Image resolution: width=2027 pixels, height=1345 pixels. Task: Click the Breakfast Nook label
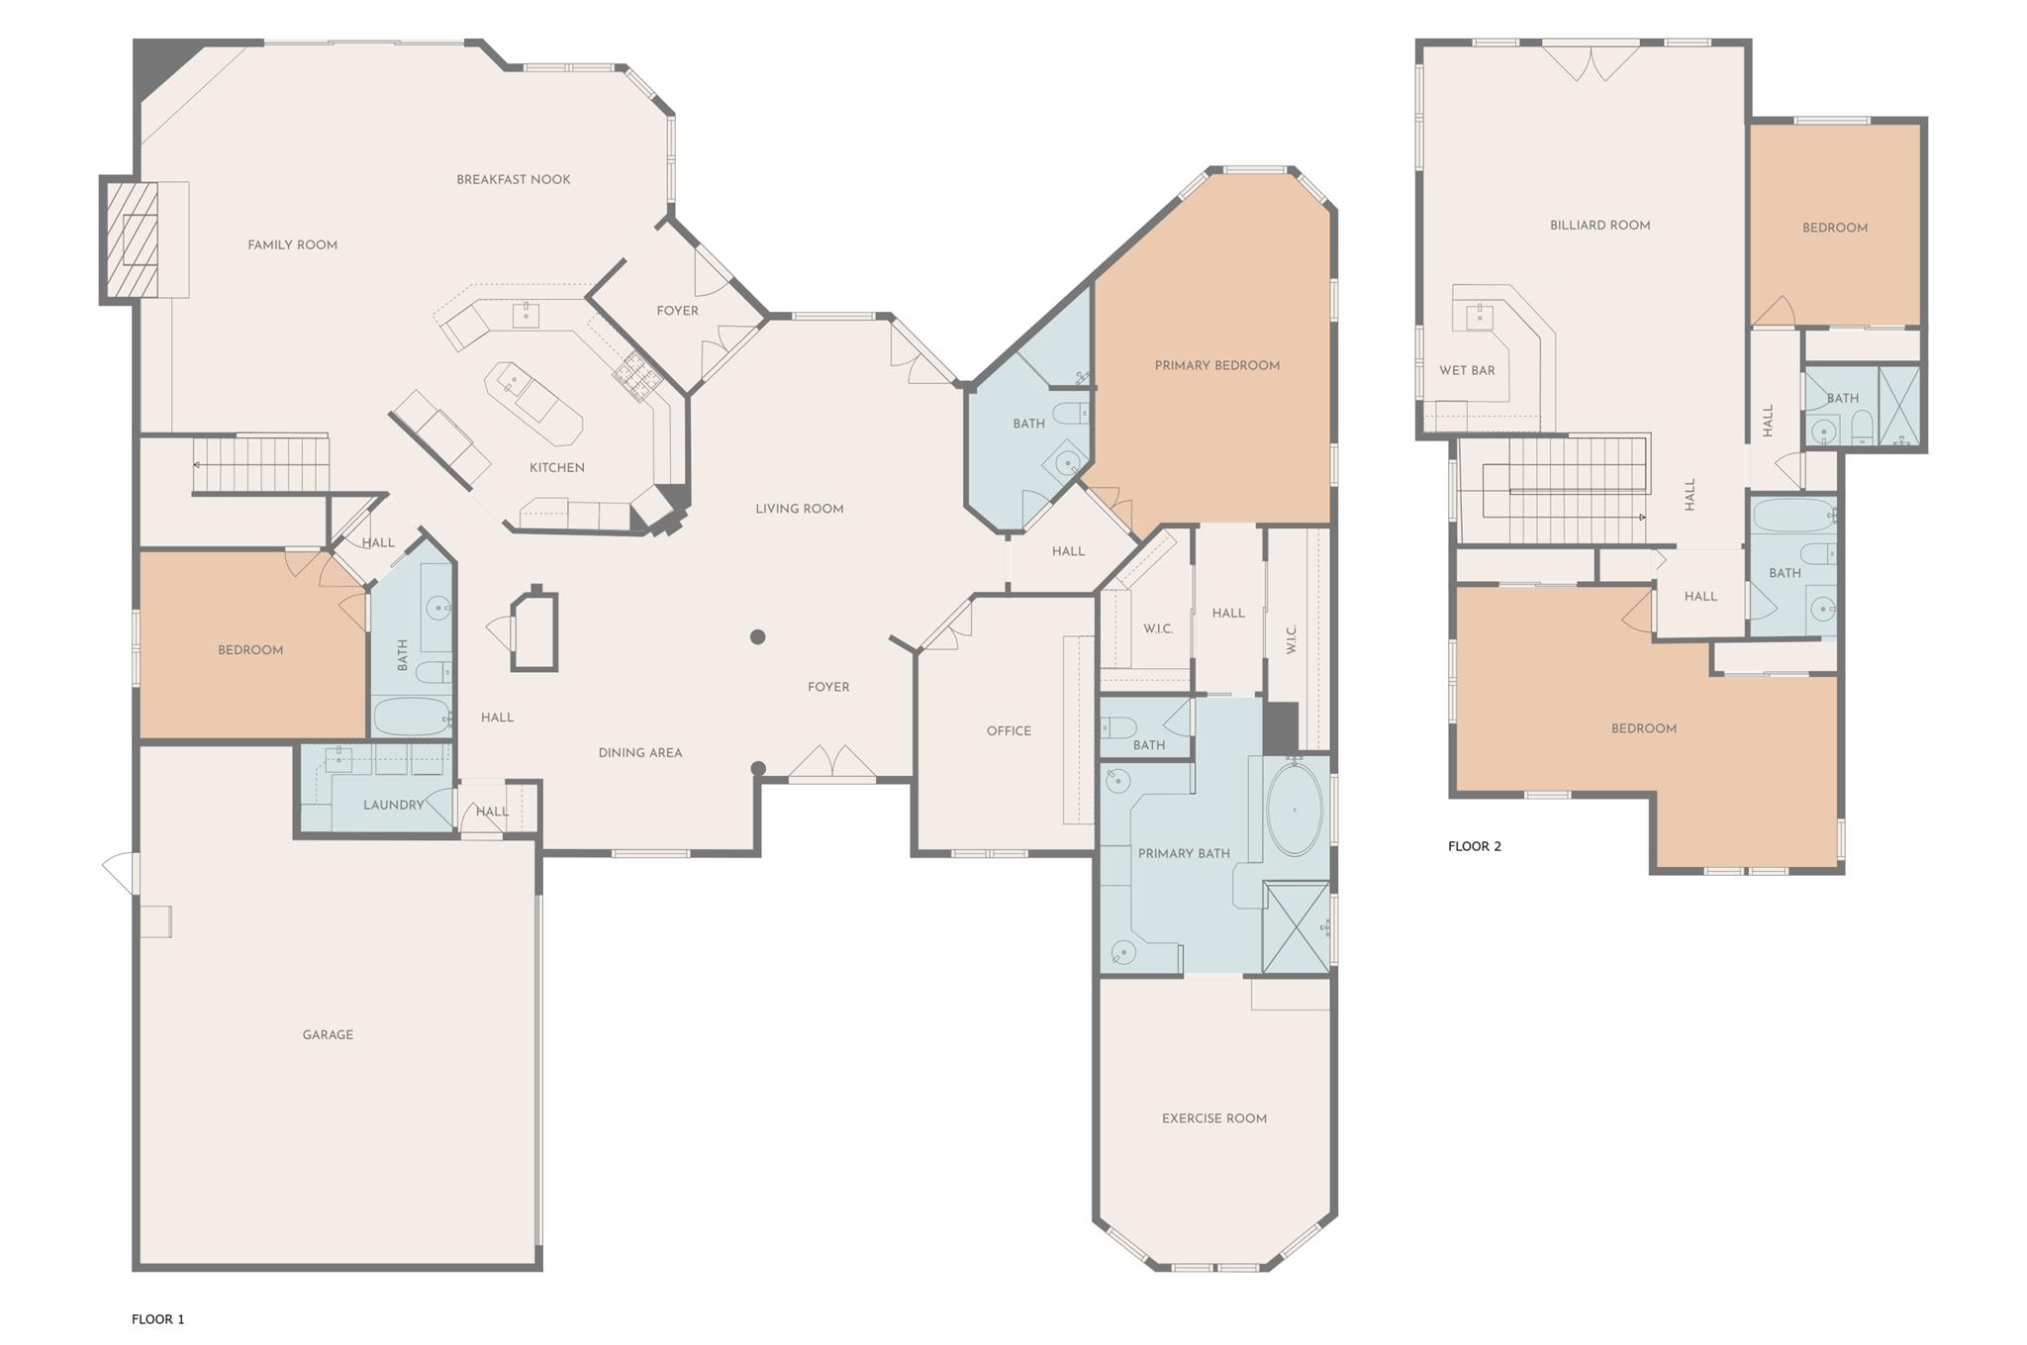(x=513, y=179)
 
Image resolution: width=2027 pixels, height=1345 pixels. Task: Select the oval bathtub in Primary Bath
(x=1295, y=809)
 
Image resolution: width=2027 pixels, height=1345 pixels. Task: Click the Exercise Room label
(x=1213, y=1118)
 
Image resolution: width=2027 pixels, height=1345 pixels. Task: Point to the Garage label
(x=328, y=1034)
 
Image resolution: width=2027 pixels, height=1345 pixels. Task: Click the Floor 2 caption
(x=1474, y=846)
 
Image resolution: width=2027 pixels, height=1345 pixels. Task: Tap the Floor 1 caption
(x=158, y=1318)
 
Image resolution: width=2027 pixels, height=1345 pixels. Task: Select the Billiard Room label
(x=1599, y=225)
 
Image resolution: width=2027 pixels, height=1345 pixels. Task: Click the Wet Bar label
(x=1466, y=370)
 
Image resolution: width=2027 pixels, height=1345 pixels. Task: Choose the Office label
(x=1009, y=730)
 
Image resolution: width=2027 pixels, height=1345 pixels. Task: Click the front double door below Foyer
(x=832, y=763)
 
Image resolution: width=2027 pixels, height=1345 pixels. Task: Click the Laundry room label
(x=393, y=805)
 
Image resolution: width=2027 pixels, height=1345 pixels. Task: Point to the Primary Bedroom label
(x=1216, y=365)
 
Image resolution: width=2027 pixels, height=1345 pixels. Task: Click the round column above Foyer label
(x=757, y=637)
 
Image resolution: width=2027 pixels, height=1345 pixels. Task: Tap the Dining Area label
(x=639, y=752)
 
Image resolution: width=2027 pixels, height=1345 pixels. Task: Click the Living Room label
(x=799, y=509)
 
